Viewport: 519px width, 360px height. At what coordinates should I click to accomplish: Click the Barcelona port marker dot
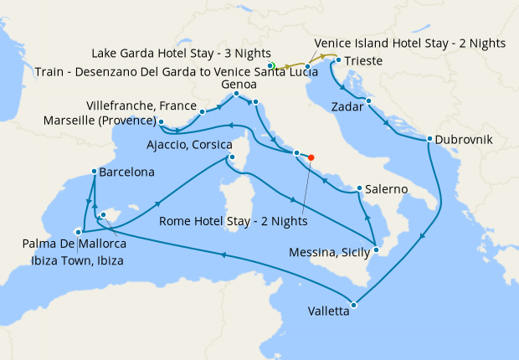[x=93, y=172]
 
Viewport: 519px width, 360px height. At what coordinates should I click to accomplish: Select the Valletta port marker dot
[x=354, y=305]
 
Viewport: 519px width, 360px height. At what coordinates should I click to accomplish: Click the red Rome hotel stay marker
[x=311, y=157]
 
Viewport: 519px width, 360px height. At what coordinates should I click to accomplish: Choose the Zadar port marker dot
[x=368, y=101]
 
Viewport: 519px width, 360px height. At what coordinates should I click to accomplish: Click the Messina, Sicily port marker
[x=377, y=249]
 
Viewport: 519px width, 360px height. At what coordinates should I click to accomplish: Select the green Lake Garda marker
[x=270, y=64]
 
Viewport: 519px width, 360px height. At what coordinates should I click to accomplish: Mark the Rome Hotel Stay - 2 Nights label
[x=233, y=222]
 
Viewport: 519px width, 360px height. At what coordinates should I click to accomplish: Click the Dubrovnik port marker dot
[x=429, y=139]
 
